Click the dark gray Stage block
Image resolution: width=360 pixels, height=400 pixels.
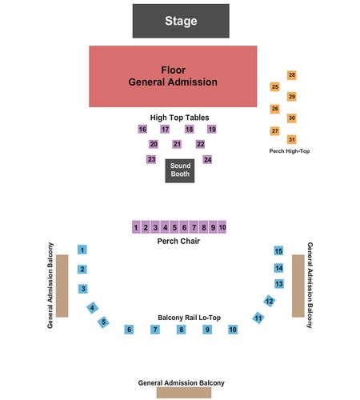tap(181, 21)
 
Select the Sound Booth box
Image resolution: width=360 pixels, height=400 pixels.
tap(180, 170)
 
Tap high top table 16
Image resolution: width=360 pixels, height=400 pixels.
tap(142, 130)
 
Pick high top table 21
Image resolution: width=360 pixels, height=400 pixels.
tap(177, 144)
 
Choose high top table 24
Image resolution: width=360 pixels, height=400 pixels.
tap(207, 159)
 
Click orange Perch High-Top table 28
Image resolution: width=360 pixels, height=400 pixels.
tap(292, 75)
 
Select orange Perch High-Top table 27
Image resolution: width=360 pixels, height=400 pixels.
tap(274, 131)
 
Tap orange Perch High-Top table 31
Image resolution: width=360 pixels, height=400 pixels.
tap(292, 139)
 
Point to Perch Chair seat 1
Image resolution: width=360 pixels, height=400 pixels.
tap(136, 227)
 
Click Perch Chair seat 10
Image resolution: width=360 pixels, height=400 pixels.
tap(222, 227)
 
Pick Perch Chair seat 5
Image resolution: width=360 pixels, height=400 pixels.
tap(174, 227)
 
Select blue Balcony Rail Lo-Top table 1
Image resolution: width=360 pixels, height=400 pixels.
tap(82, 250)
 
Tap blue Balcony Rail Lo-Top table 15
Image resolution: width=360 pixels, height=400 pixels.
tap(278, 250)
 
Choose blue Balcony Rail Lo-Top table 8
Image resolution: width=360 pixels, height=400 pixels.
tap(181, 330)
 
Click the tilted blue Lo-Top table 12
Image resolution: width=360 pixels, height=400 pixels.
tap(270, 301)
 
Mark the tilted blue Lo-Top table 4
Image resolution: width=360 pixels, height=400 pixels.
tap(92, 308)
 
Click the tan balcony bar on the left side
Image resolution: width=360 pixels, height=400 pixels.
tap(62, 286)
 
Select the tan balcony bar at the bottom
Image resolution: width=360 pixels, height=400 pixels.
tap(184, 393)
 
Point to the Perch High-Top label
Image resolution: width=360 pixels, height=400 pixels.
tap(290, 151)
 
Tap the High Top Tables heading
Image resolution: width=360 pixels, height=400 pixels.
tap(179, 118)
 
